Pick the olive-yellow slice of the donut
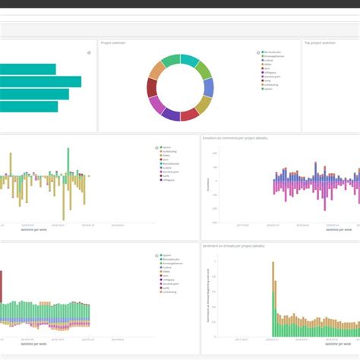[x=205, y=104]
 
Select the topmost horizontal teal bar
[x=27, y=69]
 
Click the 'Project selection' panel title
[x=114, y=43]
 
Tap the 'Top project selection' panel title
[x=320, y=43]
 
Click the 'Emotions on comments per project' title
[x=235, y=138]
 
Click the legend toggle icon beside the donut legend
[x=258, y=52]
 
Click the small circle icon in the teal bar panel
[x=89, y=52]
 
